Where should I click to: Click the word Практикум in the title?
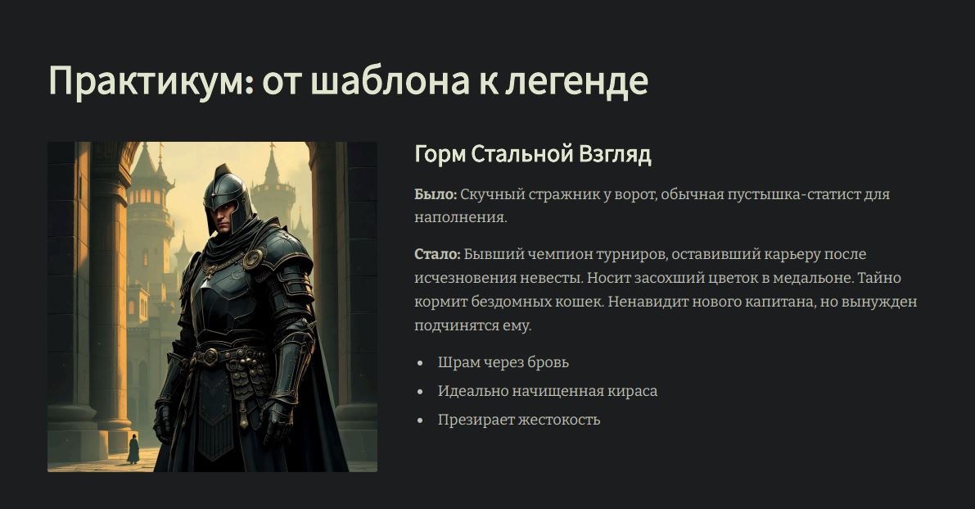click(x=151, y=81)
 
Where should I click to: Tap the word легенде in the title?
click(x=576, y=81)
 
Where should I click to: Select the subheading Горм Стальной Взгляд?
click(x=533, y=154)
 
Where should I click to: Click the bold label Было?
click(x=436, y=194)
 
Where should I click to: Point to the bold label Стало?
click(x=437, y=254)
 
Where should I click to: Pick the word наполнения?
click(x=461, y=218)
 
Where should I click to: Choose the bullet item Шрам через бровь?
click(x=503, y=362)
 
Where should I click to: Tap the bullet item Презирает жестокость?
click(x=518, y=420)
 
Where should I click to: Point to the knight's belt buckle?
click(x=210, y=357)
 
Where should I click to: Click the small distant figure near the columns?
click(x=133, y=448)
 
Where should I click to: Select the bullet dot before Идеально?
click(x=421, y=392)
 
